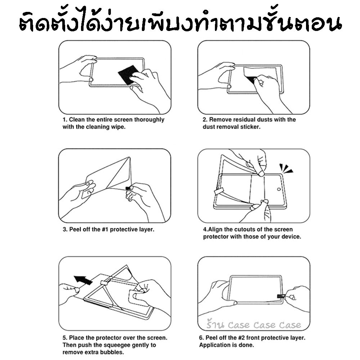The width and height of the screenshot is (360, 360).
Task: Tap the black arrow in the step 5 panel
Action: [x=83, y=280]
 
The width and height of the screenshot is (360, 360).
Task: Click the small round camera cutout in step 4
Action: [x=279, y=189]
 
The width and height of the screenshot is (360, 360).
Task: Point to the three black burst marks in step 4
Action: [x=285, y=168]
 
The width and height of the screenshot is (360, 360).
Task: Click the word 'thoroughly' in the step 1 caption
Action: [x=149, y=120]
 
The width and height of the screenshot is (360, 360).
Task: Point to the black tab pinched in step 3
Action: [x=128, y=188]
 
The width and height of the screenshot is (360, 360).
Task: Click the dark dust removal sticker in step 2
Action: [x=251, y=80]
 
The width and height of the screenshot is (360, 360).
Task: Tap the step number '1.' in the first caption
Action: [x=65, y=120]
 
